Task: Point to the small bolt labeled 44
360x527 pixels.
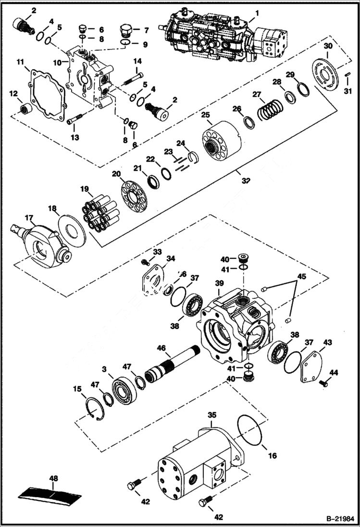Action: point(323,383)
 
